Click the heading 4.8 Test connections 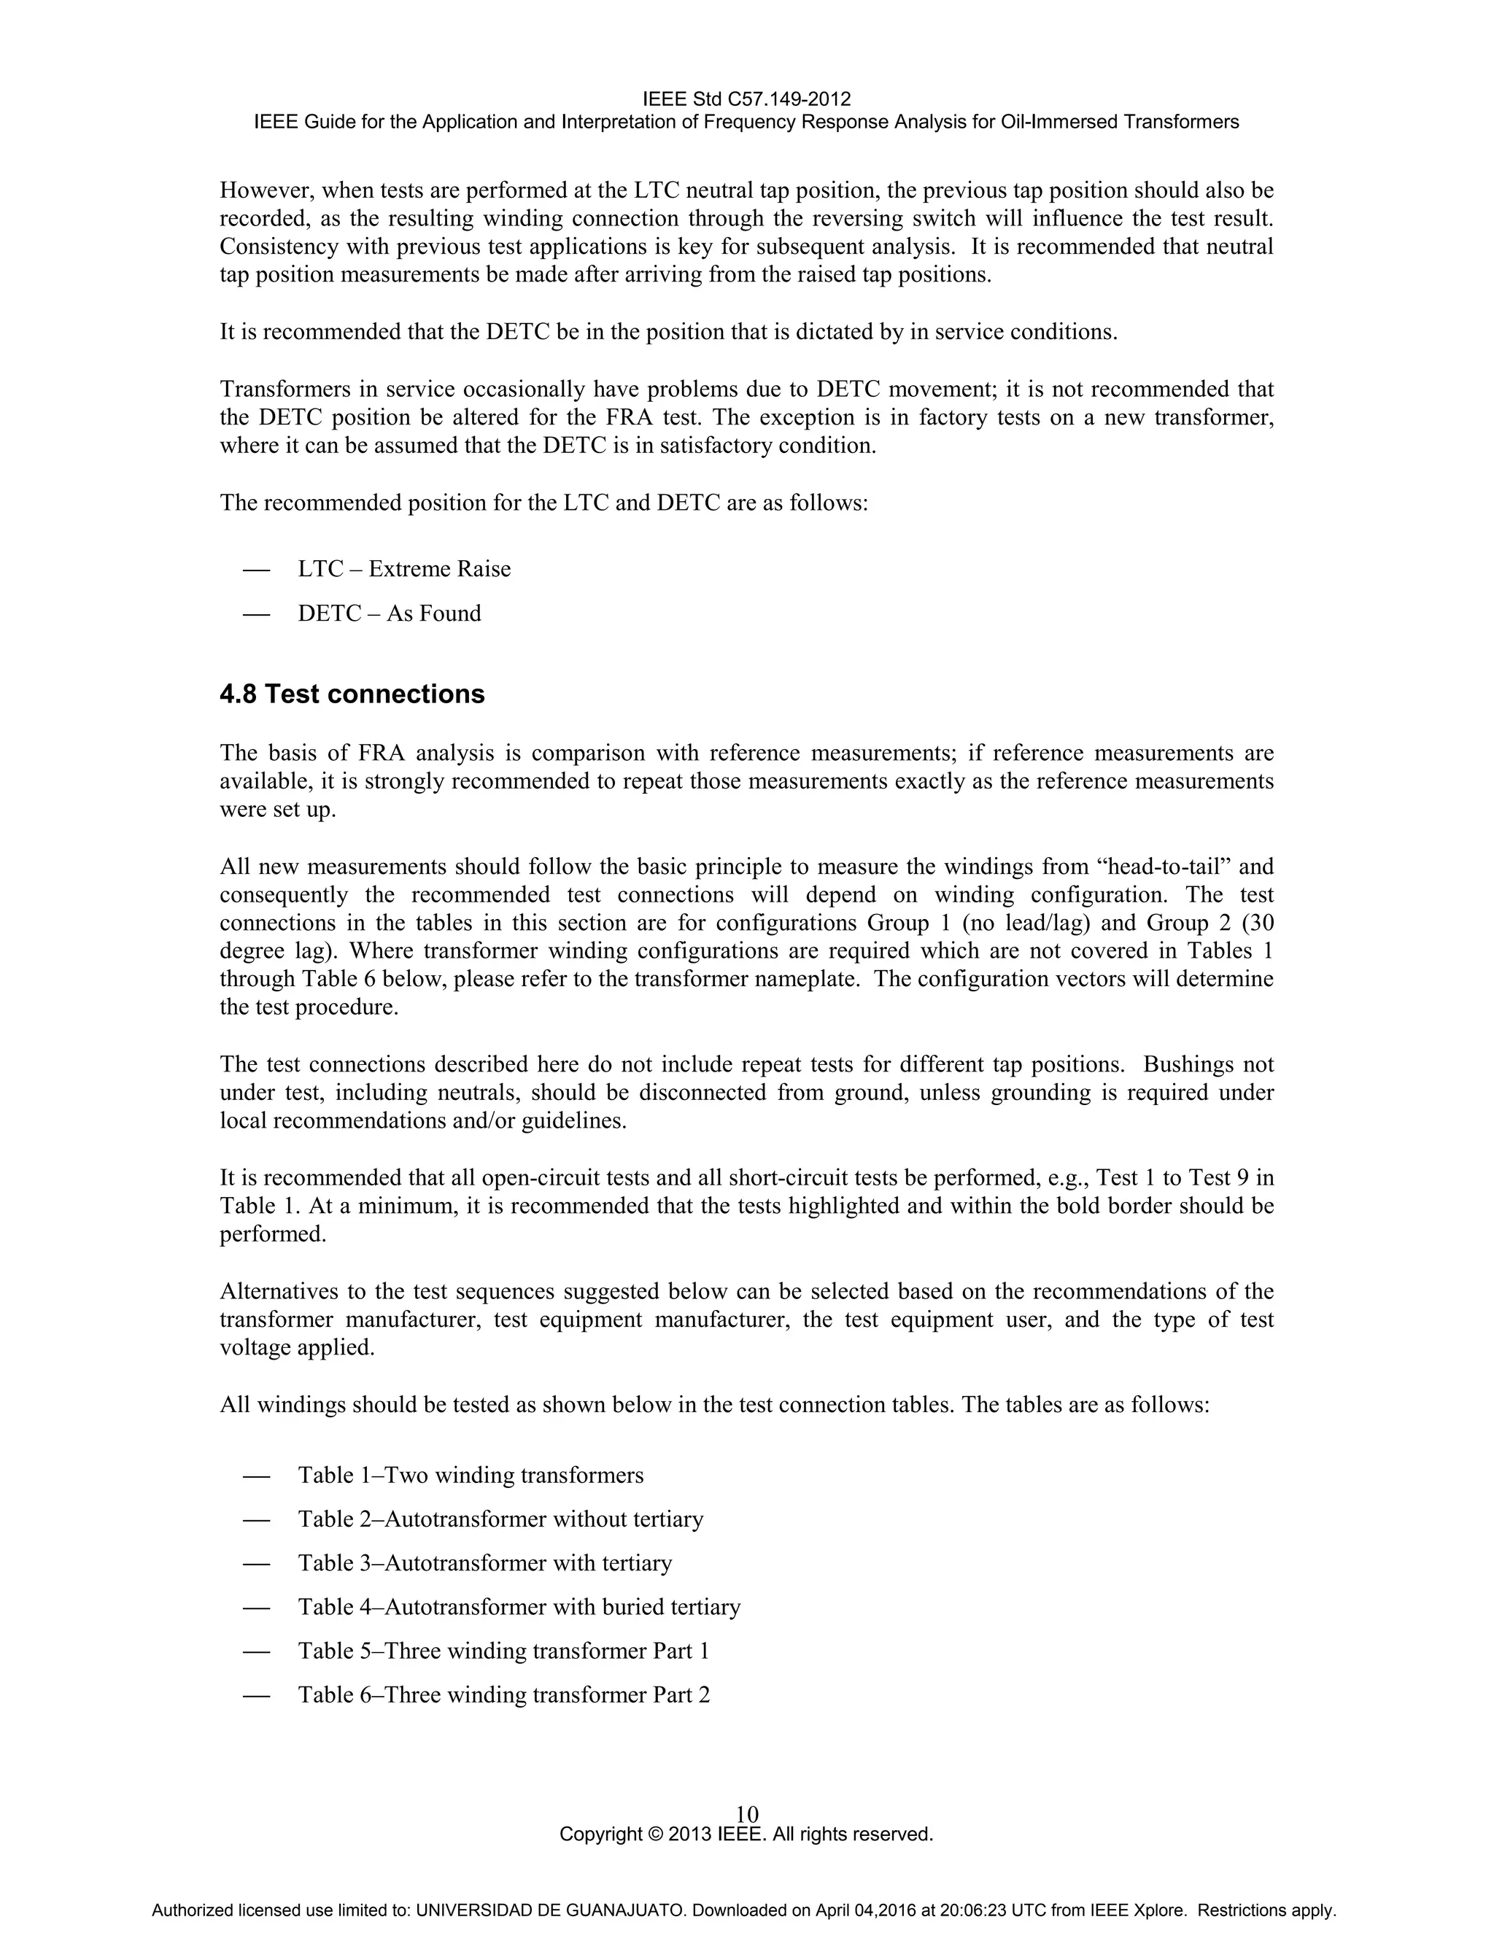point(352,694)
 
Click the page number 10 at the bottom point(746,1814)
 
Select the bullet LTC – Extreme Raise point(403,569)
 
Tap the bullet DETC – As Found point(389,613)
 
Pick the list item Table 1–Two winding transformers point(470,1476)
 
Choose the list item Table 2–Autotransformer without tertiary point(500,1519)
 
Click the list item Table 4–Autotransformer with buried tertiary point(519,1607)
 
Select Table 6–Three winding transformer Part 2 point(503,1695)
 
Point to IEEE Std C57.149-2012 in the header point(746,98)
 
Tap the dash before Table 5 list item point(256,1651)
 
